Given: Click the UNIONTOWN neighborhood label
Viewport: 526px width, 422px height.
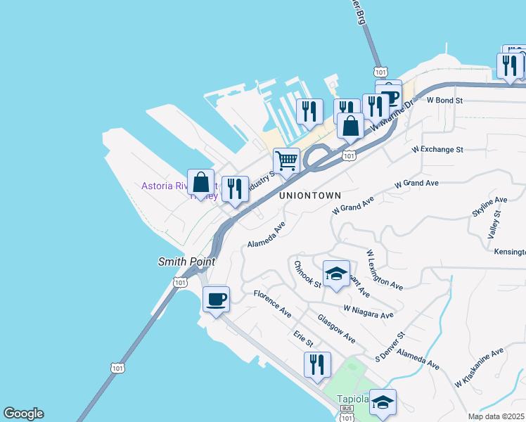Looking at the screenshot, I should pos(310,196).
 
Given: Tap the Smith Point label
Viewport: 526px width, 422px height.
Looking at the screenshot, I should pos(186,261).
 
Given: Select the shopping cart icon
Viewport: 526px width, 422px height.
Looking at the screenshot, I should pos(286,161).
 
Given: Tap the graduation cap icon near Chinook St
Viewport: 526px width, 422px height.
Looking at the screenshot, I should pos(336,274).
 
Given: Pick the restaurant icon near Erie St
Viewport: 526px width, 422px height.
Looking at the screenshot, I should pos(317,364).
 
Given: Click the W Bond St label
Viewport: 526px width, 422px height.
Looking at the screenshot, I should pos(444,101).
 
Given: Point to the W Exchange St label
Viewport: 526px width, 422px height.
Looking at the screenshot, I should pos(437,150).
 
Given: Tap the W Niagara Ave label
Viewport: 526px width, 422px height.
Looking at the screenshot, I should pos(368,312).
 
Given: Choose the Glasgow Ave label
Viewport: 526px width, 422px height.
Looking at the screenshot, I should pos(336,328).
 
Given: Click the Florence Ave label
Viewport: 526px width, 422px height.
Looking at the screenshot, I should pos(272,303).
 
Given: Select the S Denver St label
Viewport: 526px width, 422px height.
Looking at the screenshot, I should pos(391,346).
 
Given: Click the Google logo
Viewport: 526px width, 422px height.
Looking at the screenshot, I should pos(23,414).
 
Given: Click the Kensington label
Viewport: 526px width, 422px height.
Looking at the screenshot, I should pos(509,252).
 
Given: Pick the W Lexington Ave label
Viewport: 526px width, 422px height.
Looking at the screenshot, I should pos(385,269).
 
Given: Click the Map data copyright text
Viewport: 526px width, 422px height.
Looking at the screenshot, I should pos(496,416).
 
